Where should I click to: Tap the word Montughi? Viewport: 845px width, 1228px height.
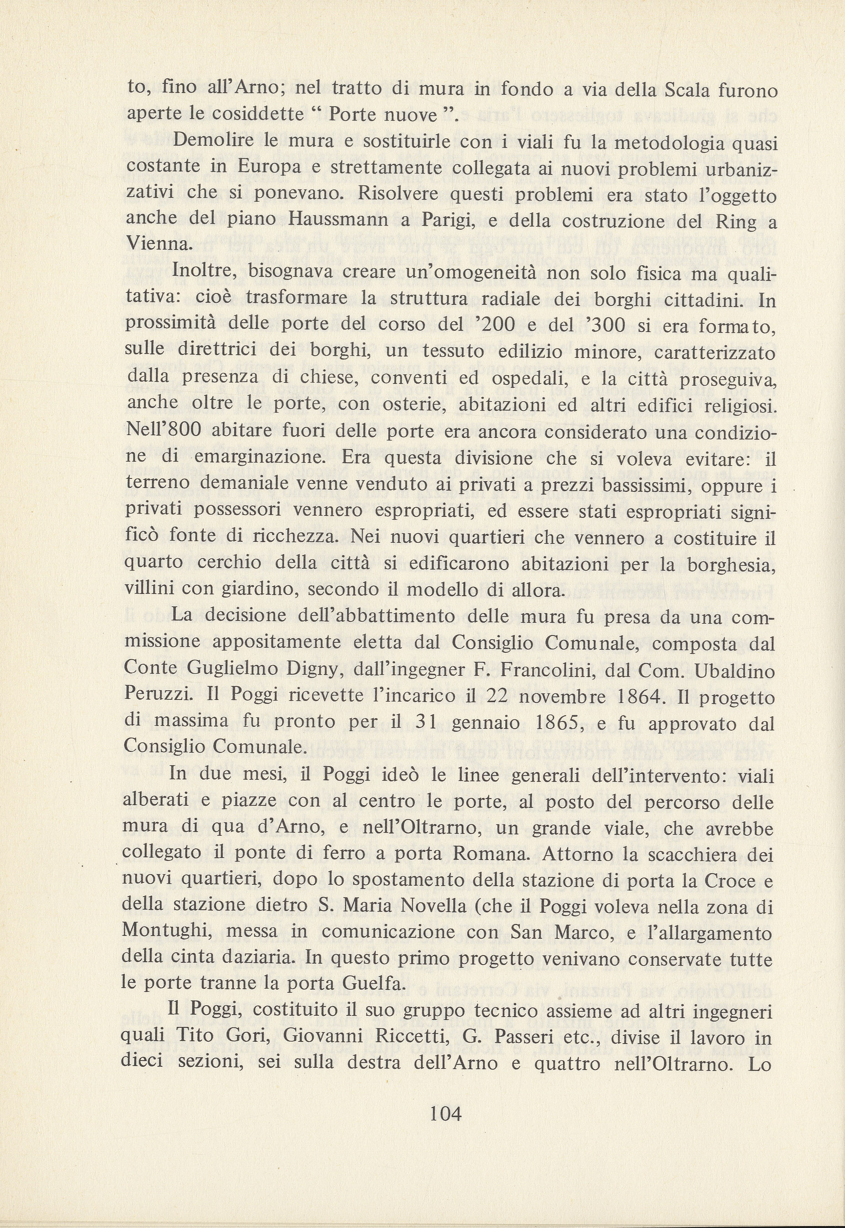point(167,932)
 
